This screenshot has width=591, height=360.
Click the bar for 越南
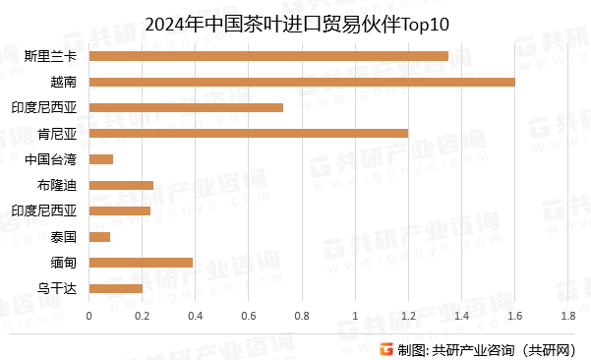[x=301, y=82]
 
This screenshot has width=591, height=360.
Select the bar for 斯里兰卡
[x=268, y=56]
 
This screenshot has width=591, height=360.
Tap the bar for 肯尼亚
[x=248, y=133]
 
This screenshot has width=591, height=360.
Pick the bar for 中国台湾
[x=101, y=159]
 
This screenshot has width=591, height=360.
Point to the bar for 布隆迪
[x=121, y=185]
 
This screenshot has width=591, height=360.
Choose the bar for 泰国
[x=99, y=236]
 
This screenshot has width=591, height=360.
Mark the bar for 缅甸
[x=141, y=263]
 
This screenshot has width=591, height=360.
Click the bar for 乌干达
[x=116, y=288]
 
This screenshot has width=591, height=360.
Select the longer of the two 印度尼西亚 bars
[x=186, y=107]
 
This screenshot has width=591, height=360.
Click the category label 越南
[x=64, y=82]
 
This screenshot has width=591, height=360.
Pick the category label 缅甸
[x=64, y=263]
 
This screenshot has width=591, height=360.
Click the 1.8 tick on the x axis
[x=567, y=316]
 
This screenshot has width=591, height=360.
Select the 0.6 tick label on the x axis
[x=249, y=316]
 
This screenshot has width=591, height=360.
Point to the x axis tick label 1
[x=355, y=316]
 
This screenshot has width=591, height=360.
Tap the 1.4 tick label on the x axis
[x=461, y=316]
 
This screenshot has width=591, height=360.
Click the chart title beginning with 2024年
[x=295, y=22]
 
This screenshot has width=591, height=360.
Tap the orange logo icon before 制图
[x=386, y=348]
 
